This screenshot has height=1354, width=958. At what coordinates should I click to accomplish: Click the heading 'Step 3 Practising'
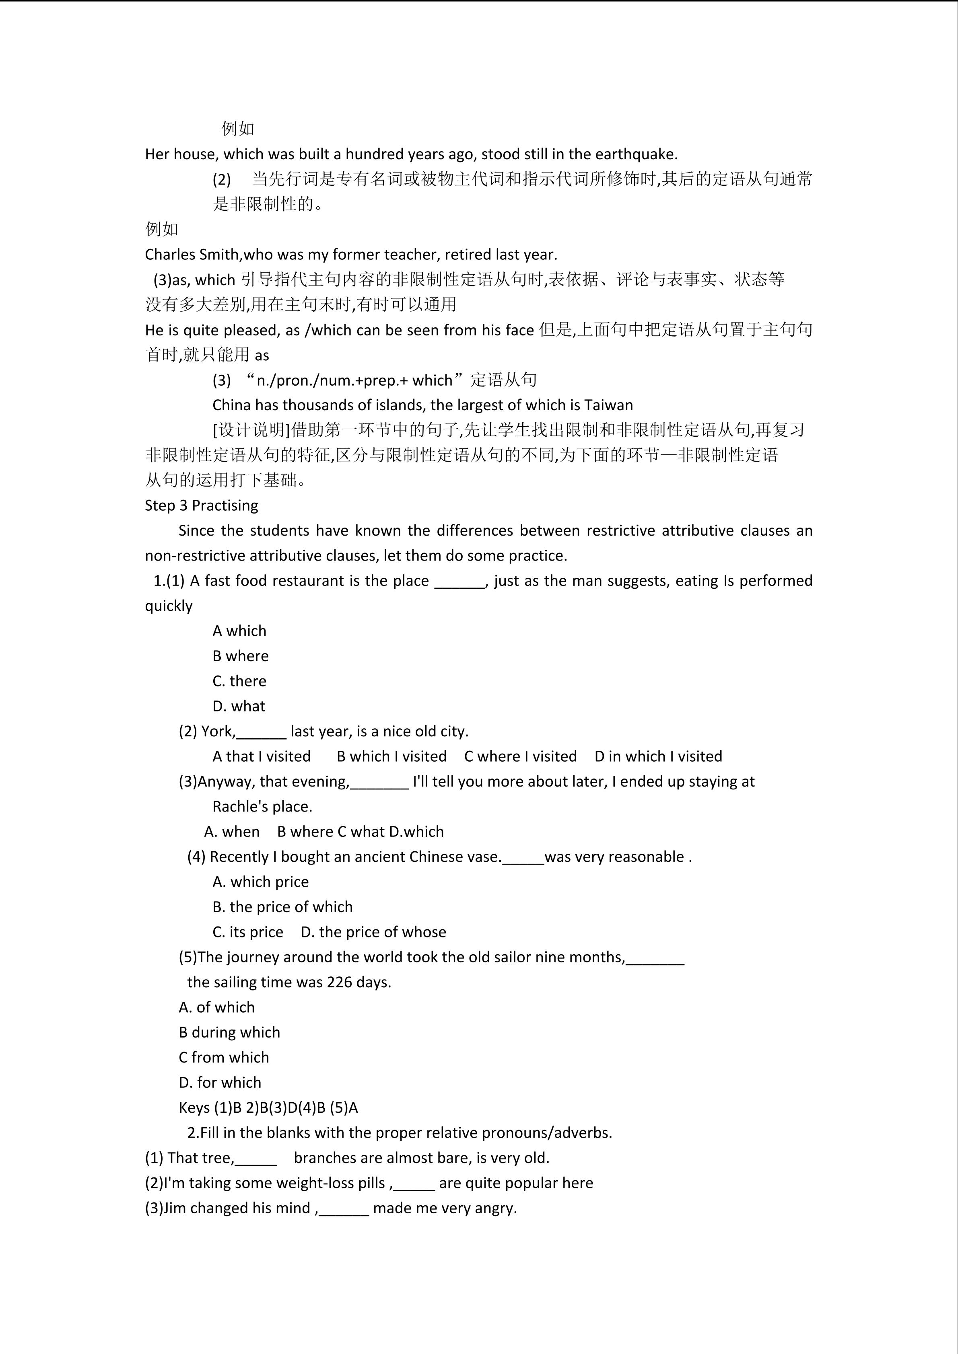(201, 505)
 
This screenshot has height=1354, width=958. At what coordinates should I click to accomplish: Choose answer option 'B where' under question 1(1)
(240, 656)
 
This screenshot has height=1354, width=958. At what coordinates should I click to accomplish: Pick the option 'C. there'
(239, 681)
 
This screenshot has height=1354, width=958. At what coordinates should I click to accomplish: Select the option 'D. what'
(239, 706)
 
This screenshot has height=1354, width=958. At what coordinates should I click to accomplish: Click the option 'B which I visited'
(391, 756)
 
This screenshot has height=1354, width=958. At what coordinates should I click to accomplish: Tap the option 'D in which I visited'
(658, 756)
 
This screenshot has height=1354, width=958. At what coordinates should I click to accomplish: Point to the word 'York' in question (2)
(216, 731)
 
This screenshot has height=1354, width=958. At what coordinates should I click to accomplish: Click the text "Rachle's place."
(262, 806)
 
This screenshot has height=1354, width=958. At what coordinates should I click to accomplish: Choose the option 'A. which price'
(260, 881)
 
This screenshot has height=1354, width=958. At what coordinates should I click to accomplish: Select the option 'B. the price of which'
(282, 906)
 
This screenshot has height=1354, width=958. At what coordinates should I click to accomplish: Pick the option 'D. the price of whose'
(373, 932)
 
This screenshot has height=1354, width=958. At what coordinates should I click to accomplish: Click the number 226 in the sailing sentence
(339, 982)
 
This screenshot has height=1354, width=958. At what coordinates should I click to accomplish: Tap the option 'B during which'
(229, 1032)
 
